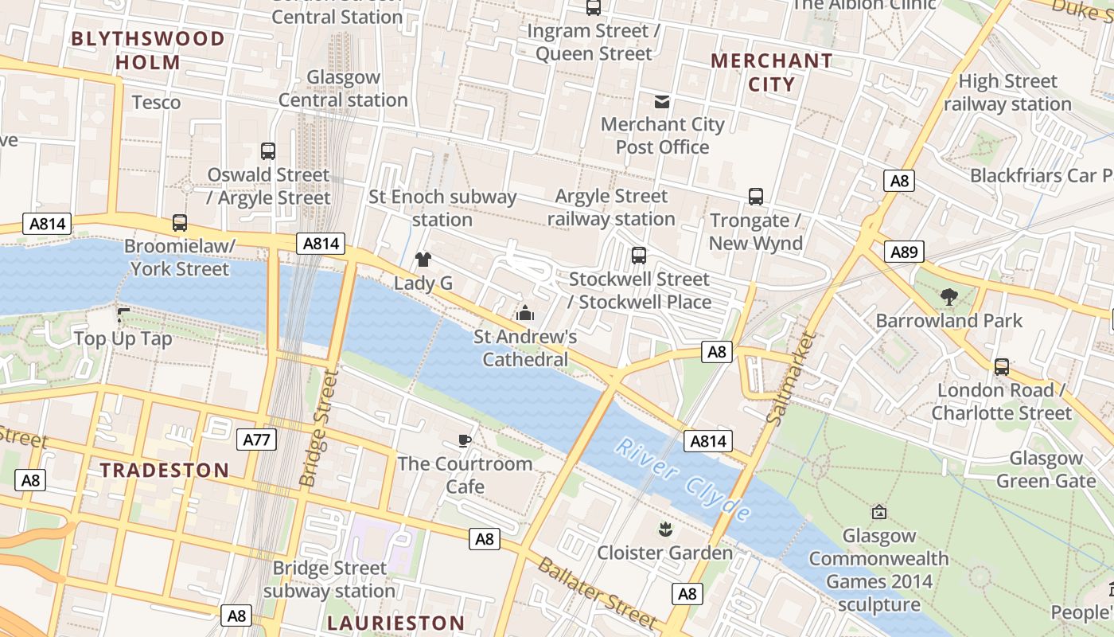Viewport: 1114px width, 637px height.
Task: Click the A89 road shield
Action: (x=904, y=252)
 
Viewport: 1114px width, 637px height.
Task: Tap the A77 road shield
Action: (x=256, y=439)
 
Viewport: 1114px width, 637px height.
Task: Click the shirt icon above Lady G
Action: (x=423, y=259)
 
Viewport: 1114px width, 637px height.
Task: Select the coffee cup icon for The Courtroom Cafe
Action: (x=465, y=440)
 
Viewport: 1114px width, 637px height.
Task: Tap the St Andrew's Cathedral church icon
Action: (x=524, y=313)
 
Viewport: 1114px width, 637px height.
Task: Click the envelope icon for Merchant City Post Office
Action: (x=662, y=101)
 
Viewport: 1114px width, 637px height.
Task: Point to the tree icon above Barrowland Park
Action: (x=948, y=297)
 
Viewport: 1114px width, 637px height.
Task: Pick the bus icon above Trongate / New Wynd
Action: (x=755, y=196)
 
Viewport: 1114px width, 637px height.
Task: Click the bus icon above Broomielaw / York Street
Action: (x=180, y=223)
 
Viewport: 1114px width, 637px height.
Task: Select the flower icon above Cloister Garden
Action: (x=664, y=529)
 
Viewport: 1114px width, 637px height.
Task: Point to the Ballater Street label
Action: (x=598, y=594)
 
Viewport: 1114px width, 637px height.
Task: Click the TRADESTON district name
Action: (x=165, y=470)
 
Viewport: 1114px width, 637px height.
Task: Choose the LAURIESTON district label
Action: (x=396, y=623)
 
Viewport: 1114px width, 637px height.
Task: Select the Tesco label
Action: (x=156, y=102)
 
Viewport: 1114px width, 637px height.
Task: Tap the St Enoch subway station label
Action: (x=442, y=208)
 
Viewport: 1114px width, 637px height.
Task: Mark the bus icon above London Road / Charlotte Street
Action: (x=1001, y=367)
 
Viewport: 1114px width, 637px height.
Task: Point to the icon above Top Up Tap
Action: (x=123, y=315)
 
